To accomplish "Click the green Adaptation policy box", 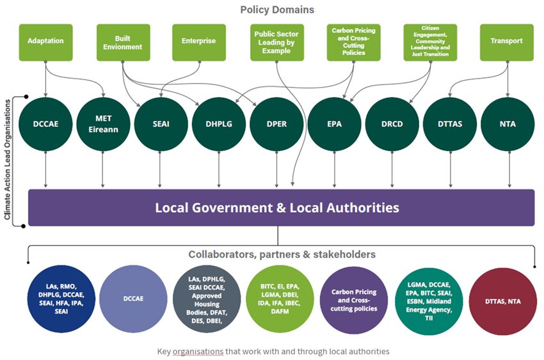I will coord(45,42).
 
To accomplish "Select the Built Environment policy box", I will coord(123,42).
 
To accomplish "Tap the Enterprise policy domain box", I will coord(199,42).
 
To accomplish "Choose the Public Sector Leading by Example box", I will coord(276,42).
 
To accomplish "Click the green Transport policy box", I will coord(506,42).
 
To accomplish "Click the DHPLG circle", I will coord(219,124).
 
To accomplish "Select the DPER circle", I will coord(276,124).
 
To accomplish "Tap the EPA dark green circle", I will coord(334,124).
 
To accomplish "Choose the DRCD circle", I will coord(392,124).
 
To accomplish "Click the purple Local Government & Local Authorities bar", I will coord(281,208).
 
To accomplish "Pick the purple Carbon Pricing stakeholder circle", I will coord(354,300).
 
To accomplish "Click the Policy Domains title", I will coord(277,10).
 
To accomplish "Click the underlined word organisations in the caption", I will coord(204,352).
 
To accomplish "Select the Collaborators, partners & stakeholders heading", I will coord(282,254).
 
